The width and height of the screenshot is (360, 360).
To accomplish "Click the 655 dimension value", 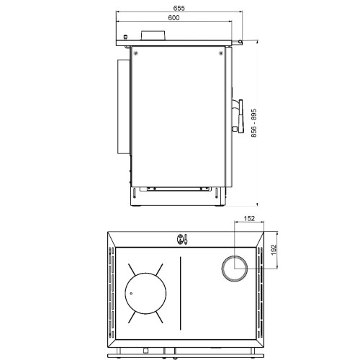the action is (179, 8).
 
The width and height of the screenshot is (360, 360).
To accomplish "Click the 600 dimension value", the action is (174, 18).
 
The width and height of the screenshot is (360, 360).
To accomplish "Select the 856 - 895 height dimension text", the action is (254, 123).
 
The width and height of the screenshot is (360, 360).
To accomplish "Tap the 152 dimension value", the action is (249, 219).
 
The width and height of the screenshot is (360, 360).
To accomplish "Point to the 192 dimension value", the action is (274, 250).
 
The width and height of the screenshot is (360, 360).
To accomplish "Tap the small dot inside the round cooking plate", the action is (131, 293).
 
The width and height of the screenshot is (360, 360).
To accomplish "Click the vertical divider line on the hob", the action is (181, 293).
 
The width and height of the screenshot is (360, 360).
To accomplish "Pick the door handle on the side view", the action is (240, 116).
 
